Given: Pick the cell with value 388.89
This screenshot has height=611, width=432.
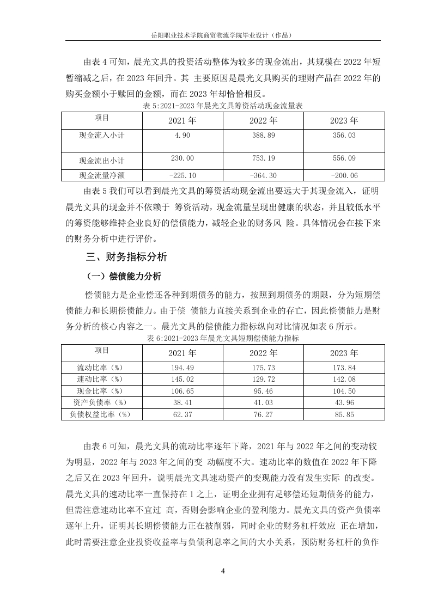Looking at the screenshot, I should (264, 135).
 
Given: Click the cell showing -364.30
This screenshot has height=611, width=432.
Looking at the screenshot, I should (264, 175).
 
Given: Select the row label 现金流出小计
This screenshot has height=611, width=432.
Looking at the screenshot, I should (102, 161).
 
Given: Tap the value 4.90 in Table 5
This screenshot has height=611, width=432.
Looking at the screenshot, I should (182, 135).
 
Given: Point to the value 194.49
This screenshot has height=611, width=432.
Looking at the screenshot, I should (182, 367).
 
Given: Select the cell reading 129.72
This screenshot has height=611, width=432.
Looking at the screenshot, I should (264, 378).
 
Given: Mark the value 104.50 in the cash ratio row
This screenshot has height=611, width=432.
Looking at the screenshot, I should (344, 391).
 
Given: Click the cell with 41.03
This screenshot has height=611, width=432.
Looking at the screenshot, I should (264, 402).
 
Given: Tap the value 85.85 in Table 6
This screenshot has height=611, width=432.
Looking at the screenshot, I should (344, 414).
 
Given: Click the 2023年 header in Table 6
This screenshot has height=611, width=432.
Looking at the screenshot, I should (344, 352).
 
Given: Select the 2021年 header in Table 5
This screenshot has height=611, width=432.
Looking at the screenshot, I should (182, 120).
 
